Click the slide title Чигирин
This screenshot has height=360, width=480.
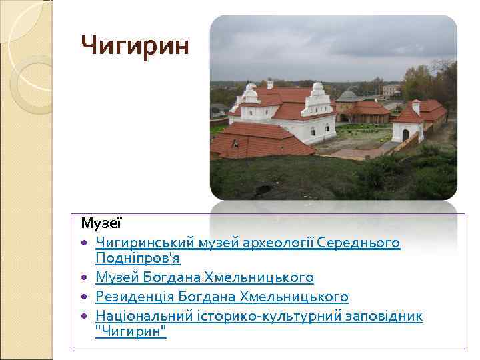(135, 45)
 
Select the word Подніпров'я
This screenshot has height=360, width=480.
(138, 257)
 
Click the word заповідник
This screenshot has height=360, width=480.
(381, 315)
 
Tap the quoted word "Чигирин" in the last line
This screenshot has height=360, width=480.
(131, 331)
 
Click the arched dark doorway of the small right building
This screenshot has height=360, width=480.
(405, 135)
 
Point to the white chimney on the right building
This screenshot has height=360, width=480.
(416, 106)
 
